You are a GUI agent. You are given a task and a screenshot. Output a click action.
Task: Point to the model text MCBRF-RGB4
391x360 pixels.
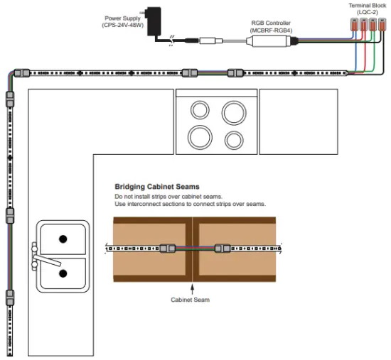272,29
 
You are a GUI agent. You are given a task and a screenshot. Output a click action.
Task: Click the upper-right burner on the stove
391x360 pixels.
234,111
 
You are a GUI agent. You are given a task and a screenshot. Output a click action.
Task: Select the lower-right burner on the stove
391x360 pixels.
232,138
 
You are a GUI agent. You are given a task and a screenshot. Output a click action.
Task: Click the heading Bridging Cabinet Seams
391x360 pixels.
157,187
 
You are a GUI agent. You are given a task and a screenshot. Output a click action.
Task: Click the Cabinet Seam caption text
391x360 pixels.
190,299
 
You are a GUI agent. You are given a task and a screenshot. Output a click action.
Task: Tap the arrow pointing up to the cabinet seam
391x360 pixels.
192,285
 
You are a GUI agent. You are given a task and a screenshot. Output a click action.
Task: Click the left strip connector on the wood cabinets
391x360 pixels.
167,249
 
